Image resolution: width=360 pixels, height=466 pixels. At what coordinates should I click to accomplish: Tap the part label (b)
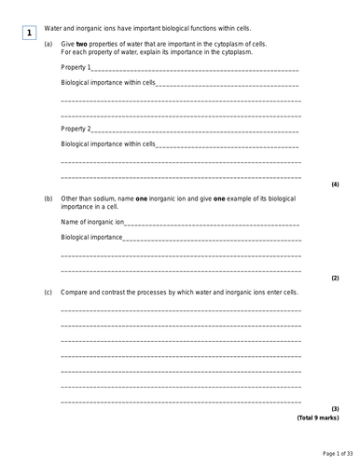pos(48,199)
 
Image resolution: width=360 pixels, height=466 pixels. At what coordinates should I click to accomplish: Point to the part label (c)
pos(48,292)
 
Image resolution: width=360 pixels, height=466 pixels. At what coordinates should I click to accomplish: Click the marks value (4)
pos(335,185)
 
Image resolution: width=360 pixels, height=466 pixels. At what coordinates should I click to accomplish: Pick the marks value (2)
pos(335,279)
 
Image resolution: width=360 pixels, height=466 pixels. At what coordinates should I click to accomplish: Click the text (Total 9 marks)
pos(318,418)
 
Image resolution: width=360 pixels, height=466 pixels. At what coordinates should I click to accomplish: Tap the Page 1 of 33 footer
pos(324,453)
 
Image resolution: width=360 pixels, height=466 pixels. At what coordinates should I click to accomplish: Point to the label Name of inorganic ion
pos(92,222)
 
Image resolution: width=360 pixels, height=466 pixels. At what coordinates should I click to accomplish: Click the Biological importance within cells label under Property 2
pos(107,144)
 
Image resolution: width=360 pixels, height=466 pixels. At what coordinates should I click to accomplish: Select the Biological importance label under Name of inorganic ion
pos(91,237)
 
